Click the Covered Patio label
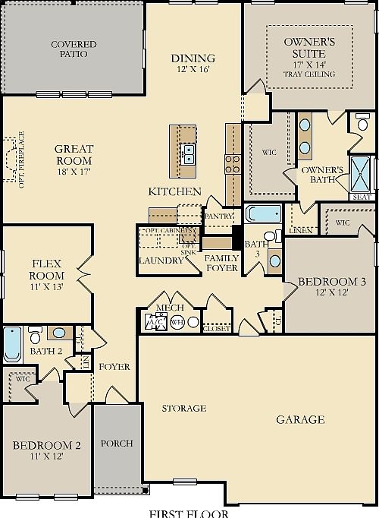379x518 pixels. (x=74, y=49)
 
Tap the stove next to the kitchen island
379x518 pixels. (x=231, y=163)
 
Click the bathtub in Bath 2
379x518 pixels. (x=12, y=344)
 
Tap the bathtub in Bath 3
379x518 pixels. (x=263, y=213)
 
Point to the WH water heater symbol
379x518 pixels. (x=177, y=322)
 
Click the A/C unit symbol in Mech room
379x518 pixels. (x=154, y=323)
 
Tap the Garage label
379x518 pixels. (x=300, y=419)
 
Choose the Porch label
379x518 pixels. (x=117, y=443)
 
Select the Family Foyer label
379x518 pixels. (x=222, y=263)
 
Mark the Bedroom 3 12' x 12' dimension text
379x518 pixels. (x=331, y=293)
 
